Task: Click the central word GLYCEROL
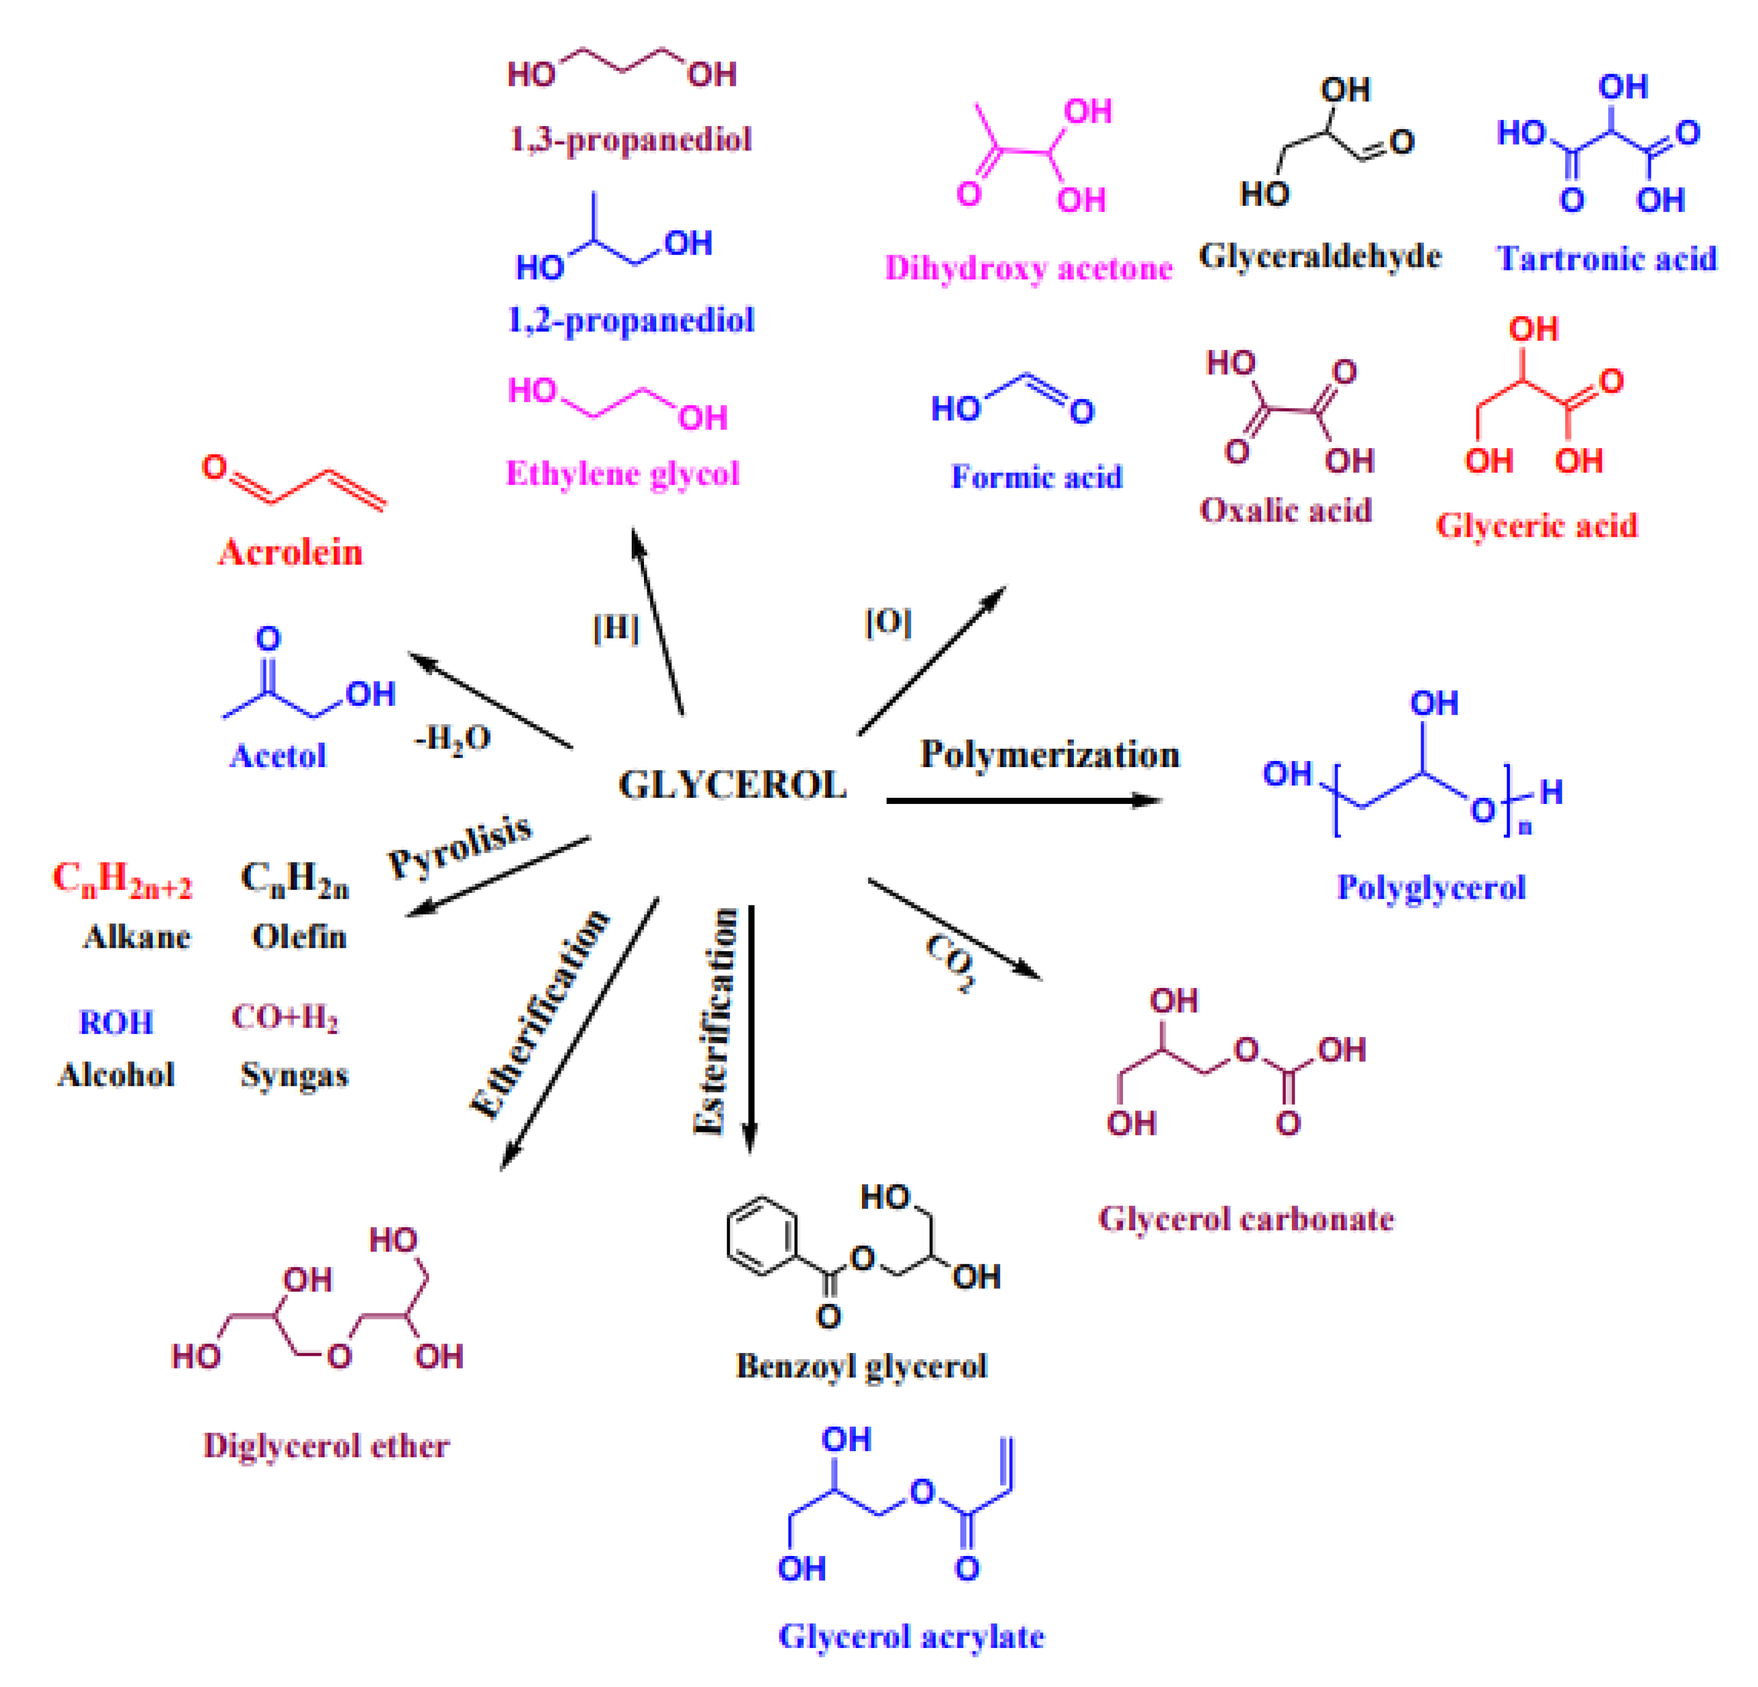[x=732, y=786]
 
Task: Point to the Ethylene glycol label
[x=622, y=473]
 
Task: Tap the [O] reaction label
[x=888, y=622]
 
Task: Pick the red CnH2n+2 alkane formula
[x=122, y=879]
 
